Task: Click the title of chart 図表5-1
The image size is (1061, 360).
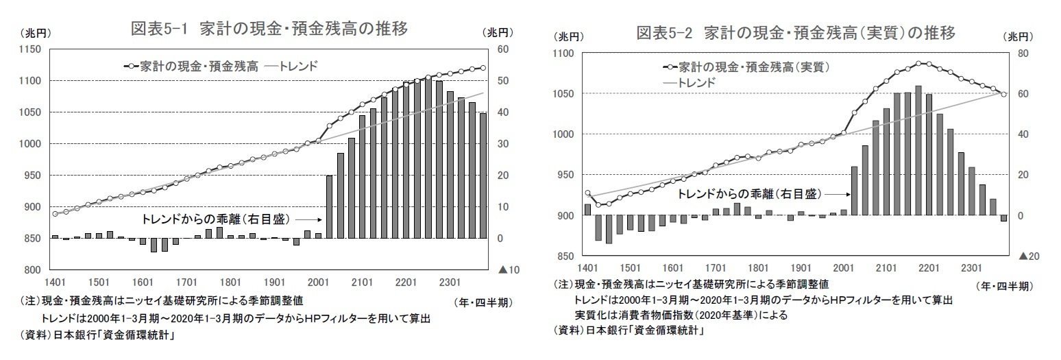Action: point(269,29)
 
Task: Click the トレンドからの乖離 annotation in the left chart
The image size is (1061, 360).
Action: point(215,219)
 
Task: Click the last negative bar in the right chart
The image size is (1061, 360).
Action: point(1003,219)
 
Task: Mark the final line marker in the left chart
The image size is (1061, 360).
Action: point(483,68)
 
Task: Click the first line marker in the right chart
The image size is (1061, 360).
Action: point(587,193)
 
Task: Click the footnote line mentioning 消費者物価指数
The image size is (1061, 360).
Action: point(681,315)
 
